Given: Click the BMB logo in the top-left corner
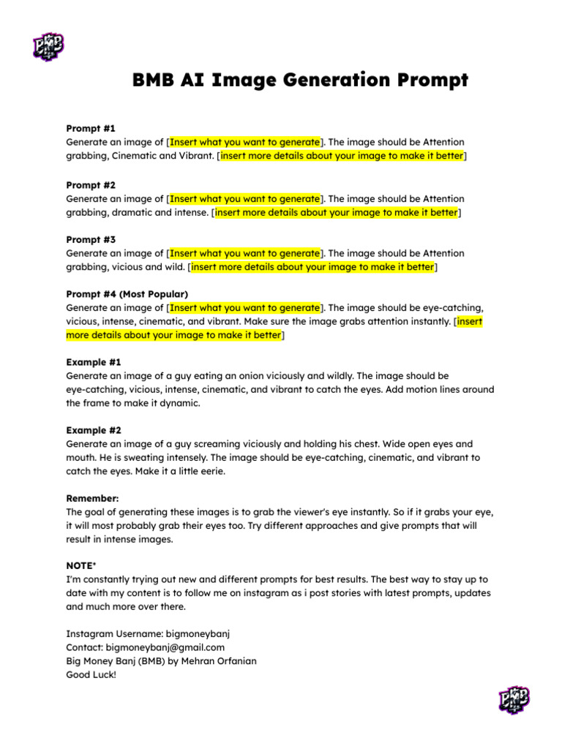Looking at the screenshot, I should point(48,46).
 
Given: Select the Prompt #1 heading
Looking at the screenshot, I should point(91,128).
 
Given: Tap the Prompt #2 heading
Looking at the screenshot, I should point(91,185).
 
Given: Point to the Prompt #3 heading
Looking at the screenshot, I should point(91,239).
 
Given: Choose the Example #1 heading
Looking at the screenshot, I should point(94,362).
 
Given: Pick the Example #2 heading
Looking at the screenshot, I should point(94,430).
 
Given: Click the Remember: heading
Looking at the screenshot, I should point(92,498).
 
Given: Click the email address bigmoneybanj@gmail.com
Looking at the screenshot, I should point(165,647).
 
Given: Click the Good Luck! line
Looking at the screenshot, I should point(91,675).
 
